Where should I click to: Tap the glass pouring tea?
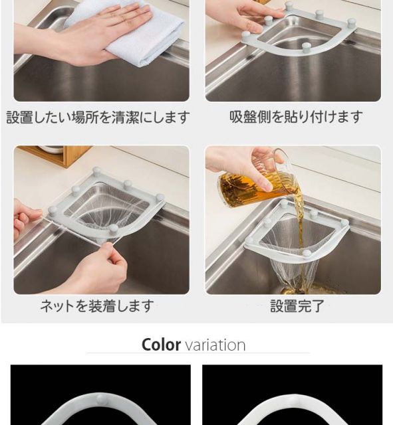253,181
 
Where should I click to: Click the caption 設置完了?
297,306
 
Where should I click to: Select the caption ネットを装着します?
97,306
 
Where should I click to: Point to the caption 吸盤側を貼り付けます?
296,117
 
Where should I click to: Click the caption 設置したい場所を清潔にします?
98,118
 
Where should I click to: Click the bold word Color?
161,345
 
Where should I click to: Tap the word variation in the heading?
215,345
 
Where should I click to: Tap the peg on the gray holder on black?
101,398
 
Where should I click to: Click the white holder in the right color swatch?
292,406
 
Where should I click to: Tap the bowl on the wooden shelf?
52,149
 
